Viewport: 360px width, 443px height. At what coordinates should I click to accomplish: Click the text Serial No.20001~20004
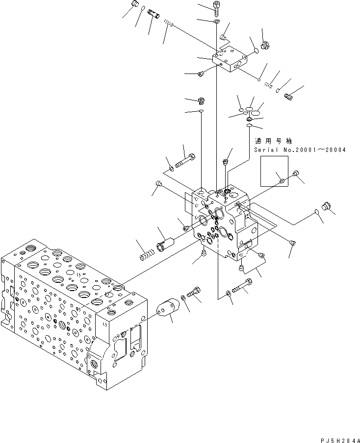[299, 149]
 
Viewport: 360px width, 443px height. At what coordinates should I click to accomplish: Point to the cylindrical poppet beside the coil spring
[166, 243]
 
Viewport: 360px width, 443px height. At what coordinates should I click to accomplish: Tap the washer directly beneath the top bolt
[217, 22]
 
